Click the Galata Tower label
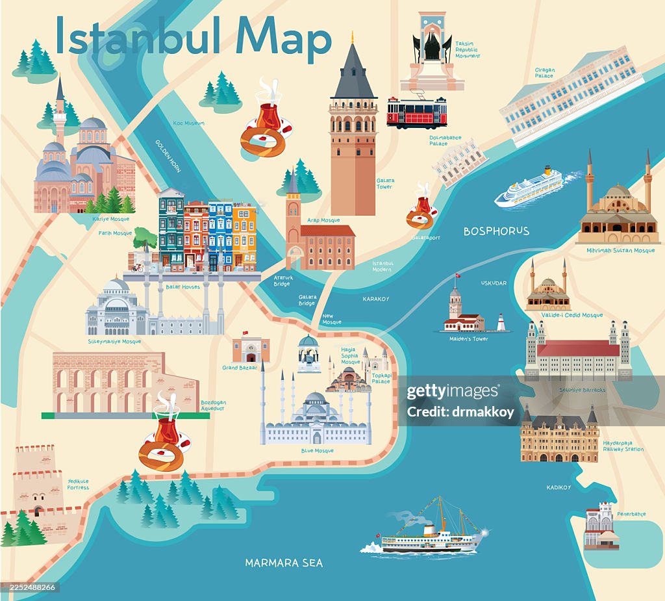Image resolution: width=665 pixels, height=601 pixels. point(384,184)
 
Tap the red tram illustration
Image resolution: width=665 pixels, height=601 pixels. point(417,112)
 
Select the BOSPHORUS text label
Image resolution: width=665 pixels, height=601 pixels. point(496,231)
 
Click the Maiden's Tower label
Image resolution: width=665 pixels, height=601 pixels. point(468,339)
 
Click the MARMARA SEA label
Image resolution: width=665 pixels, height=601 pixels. point(284,563)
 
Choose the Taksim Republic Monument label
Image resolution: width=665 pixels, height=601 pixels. point(468,49)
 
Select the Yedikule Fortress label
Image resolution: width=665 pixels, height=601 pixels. point(78,484)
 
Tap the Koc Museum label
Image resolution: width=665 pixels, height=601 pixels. point(189,123)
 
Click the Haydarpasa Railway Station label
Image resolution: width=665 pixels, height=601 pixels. point(623,446)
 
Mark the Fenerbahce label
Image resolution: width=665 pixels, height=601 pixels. point(631,514)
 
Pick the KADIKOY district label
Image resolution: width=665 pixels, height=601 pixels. point(558,487)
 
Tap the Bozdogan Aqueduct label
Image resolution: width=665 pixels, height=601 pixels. point(212,405)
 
